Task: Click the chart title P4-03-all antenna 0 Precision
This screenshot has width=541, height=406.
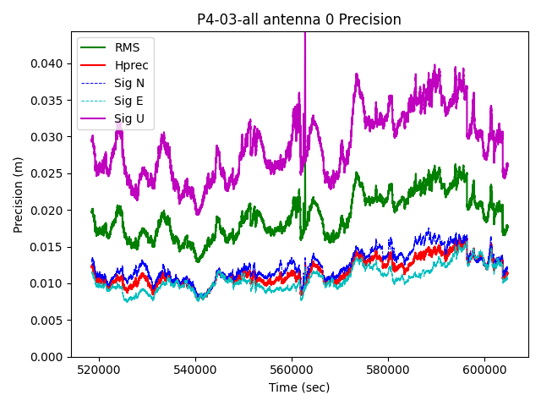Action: point(299,19)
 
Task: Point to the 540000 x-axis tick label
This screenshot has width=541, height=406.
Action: point(195,370)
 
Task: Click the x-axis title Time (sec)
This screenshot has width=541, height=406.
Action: point(299,387)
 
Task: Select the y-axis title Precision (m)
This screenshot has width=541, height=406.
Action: point(18,195)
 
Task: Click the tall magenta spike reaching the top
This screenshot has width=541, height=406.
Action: point(304,51)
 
